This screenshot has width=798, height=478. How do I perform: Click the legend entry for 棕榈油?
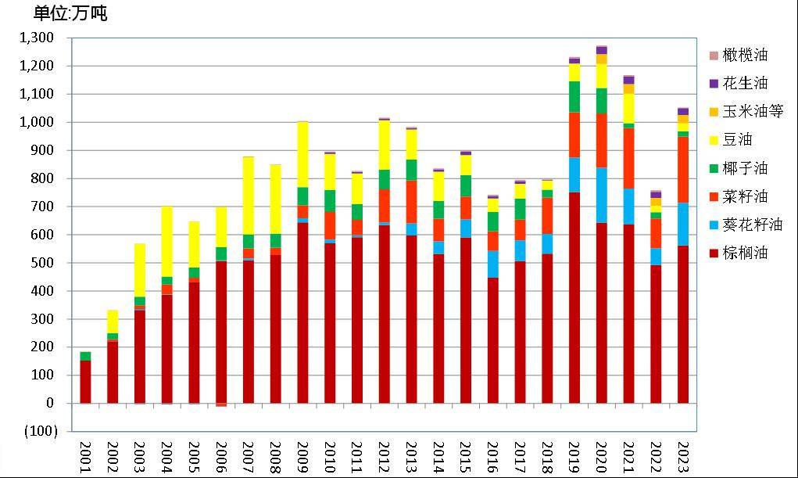coord(746,253)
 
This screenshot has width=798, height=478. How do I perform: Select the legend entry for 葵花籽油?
coord(752,225)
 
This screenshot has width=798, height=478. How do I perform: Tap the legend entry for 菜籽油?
coord(746,196)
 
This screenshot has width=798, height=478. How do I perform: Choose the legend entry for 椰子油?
coord(746,168)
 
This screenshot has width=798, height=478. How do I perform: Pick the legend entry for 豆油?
coord(739,140)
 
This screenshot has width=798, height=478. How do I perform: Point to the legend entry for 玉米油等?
coord(752,111)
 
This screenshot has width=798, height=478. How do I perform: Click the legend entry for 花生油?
coord(746,83)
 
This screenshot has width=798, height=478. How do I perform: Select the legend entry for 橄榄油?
coord(746,55)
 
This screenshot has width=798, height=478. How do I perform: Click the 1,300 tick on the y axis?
coord(37,38)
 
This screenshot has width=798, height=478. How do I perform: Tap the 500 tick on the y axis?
coord(43,263)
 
